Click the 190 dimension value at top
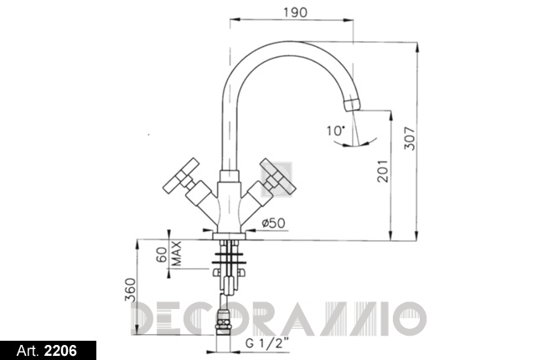click(295, 13)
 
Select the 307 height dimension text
click(410, 138)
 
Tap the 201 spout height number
click(382, 171)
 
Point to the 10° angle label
click(334, 131)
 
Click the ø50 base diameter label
click(274, 223)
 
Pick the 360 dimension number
click(130, 290)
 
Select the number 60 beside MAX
click(161, 254)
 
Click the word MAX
click(176, 254)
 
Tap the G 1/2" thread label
click(266, 342)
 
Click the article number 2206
click(60, 351)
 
